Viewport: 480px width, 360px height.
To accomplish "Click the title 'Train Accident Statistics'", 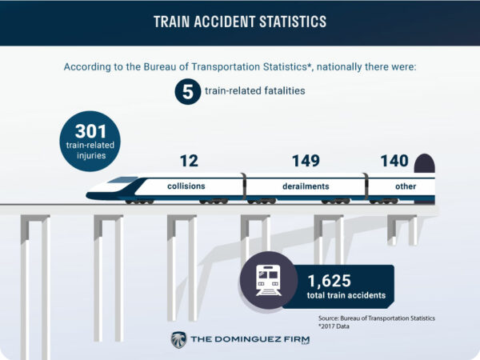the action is pyautogui.click(x=240, y=22).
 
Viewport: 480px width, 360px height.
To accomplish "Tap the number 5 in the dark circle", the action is pyautogui.click(x=188, y=92).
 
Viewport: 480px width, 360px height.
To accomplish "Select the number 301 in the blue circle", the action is pyautogui.click(x=90, y=131).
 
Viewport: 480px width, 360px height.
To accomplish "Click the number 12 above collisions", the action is pyautogui.click(x=189, y=161).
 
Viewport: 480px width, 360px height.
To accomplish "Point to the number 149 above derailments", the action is pyautogui.click(x=306, y=161).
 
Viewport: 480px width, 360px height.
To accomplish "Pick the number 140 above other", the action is pyautogui.click(x=394, y=161).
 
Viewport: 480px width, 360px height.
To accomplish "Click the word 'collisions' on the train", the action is pyautogui.click(x=186, y=186).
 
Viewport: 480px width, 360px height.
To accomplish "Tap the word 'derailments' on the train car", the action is pyautogui.click(x=306, y=186).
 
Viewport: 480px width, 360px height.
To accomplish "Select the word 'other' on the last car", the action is pyautogui.click(x=406, y=186).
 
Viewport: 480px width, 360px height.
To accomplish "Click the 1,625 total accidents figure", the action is pyautogui.click(x=329, y=281).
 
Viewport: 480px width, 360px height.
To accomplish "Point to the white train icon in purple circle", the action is pyautogui.click(x=269, y=281).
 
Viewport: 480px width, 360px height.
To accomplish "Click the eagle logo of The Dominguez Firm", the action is pyautogui.click(x=178, y=340).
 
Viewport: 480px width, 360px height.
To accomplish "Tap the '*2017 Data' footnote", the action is pyautogui.click(x=334, y=326).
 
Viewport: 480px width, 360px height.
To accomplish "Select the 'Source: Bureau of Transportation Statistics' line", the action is pyautogui.click(x=377, y=318).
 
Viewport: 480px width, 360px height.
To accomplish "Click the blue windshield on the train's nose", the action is pyautogui.click(x=123, y=180).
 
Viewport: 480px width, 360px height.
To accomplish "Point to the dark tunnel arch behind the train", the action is pyautogui.click(x=424, y=163).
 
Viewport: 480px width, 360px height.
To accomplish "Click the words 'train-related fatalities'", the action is pyautogui.click(x=254, y=91).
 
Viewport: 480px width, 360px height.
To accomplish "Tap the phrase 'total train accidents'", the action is pyautogui.click(x=346, y=295).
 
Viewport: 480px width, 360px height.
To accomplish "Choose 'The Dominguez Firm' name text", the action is pyautogui.click(x=250, y=339).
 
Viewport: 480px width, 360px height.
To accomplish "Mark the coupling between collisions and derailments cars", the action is pyautogui.click(x=244, y=186).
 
